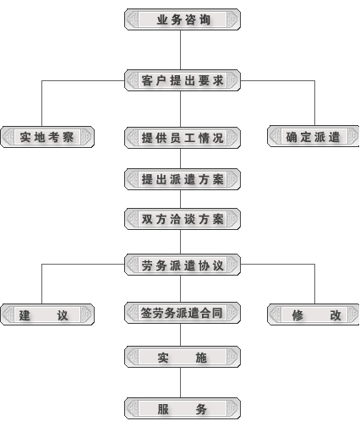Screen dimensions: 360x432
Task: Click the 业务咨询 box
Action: [x=183, y=19]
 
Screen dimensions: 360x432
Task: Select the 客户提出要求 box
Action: [x=183, y=80]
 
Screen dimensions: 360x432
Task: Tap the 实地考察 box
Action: [x=47, y=137]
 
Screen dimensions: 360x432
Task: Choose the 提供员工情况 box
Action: [x=183, y=138]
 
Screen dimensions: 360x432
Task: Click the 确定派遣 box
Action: [x=314, y=136]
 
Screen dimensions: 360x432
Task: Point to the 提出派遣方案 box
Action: [x=183, y=179]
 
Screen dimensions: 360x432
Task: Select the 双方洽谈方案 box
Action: [x=183, y=219]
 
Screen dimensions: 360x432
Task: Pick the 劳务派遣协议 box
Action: [x=183, y=265]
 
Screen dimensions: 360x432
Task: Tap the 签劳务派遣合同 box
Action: [x=183, y=313]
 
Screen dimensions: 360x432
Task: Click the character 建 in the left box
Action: [x=25, y=315]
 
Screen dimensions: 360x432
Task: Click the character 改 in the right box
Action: [x=335, y=315]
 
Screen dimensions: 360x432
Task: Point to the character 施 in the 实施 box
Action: [x=201, y=358]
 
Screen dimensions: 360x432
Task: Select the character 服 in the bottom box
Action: [x=163, y=409]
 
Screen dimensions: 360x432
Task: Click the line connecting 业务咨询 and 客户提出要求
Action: [x=181, y=50]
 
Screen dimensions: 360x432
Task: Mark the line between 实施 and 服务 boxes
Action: [x=181, y=383]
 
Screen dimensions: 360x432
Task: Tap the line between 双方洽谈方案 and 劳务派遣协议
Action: [x=181, y=242]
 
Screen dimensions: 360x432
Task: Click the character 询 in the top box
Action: [x=205, y=19]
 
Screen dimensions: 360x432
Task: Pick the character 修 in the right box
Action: [x=297, y=315]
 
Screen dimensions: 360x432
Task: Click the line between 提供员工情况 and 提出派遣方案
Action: [x=181, y=158]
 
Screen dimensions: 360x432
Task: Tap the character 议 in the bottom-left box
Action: [x=63, y=315]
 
